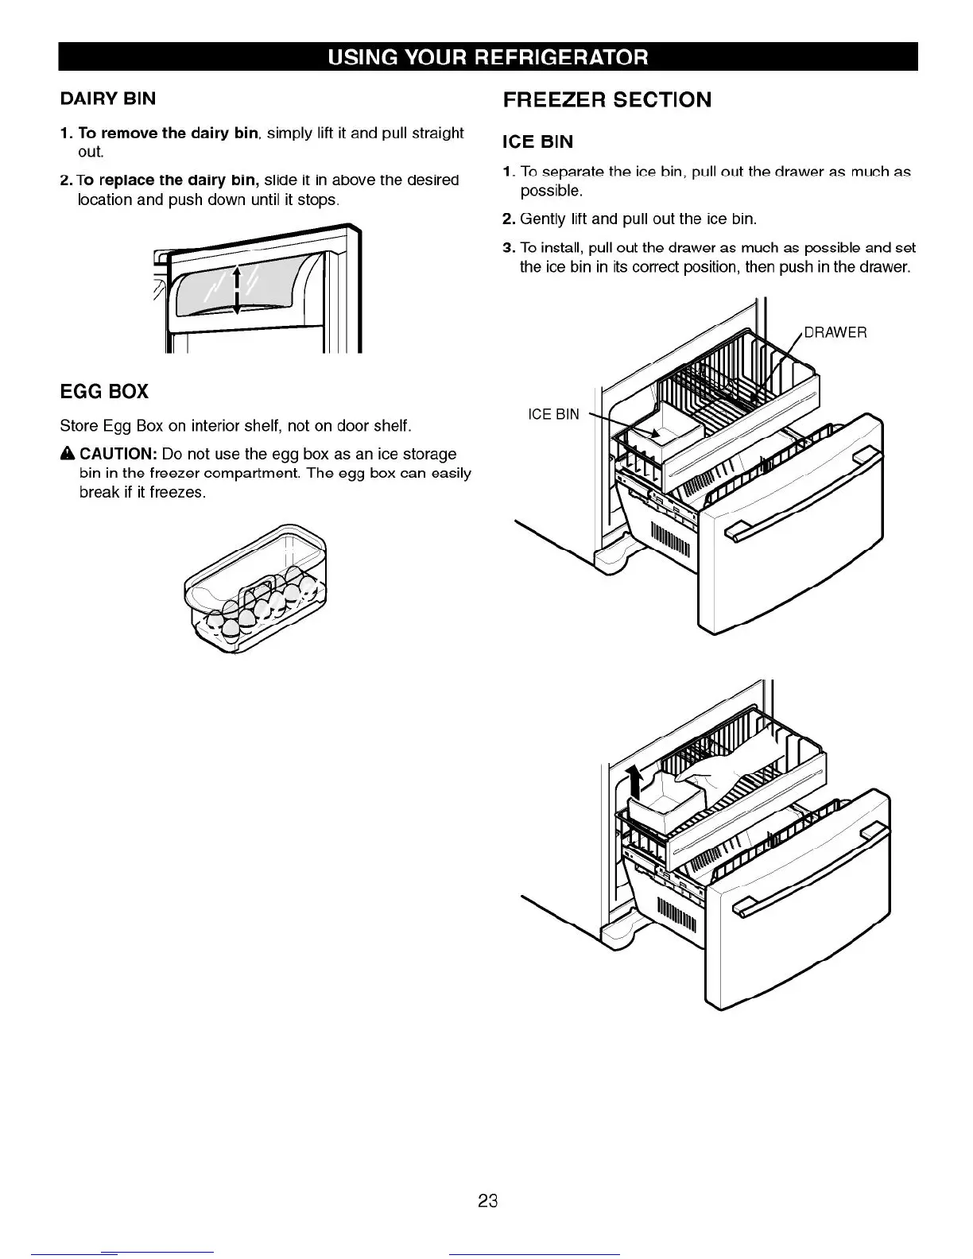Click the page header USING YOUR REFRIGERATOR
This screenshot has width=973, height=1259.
tap(488, 57)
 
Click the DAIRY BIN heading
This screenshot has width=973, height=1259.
tap(108, 99)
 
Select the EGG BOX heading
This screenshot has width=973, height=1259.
tap(104, 392)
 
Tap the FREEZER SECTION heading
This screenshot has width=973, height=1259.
tap(607, 100)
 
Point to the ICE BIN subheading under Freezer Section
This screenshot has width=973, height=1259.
tap(537, 142)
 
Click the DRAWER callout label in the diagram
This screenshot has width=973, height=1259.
tap(835, 332)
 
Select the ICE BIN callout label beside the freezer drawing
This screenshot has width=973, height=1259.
tap(554, 414)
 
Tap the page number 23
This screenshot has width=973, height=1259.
tap(487, 1200)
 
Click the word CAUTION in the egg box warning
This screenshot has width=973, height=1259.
tap(117, 454)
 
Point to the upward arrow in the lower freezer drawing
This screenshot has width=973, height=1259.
tap(634, 783)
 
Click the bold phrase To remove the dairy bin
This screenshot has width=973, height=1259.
tap(169, 133)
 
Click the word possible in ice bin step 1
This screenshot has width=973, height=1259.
tap(551, 192)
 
